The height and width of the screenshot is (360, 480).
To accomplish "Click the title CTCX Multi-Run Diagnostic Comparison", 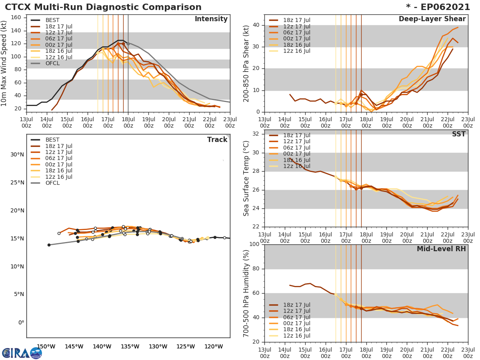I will pos(103,7).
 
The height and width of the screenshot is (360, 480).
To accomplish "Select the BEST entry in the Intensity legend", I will pos(52,20).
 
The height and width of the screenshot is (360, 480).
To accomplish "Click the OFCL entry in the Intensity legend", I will pos(52,64).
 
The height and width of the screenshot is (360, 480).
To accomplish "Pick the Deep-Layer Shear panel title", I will pos(432,19).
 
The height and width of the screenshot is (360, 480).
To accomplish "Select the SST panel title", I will pos(458,134).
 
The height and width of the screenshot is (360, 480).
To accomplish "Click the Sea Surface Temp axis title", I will pos(247,178).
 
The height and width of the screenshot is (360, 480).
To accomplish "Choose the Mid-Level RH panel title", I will pos(441,249).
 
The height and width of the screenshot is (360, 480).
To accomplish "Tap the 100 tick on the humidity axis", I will pos(253,244).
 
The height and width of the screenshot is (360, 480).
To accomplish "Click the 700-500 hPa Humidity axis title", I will pos(247,293).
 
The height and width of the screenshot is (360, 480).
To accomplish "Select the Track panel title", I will pos(217,140).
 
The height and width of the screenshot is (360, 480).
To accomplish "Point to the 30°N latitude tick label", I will pos(17,155).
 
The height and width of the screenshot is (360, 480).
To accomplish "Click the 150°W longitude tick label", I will pos(46,346).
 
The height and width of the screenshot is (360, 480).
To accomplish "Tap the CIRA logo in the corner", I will pos(22,353).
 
